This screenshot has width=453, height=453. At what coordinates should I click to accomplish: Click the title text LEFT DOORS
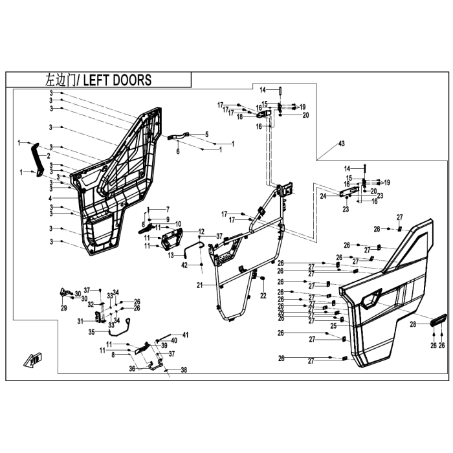tap(117, 80)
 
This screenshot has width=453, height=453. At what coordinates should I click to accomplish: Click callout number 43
tap(342, 144)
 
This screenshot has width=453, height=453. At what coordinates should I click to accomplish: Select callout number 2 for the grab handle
tap(49, 156)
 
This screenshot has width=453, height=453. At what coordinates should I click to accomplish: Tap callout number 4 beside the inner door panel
tap(50, 198)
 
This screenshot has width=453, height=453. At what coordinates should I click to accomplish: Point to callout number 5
tap(206, 135)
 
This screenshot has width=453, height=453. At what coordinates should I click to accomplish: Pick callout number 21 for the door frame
tap(199, 285)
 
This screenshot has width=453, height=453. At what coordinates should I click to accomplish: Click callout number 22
tap(263, 296)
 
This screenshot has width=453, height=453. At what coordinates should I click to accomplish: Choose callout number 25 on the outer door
tap(334, 326)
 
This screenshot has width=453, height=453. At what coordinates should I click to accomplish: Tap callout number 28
tap(413, 324)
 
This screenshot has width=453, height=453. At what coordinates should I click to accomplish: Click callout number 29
tap(64, 308)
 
